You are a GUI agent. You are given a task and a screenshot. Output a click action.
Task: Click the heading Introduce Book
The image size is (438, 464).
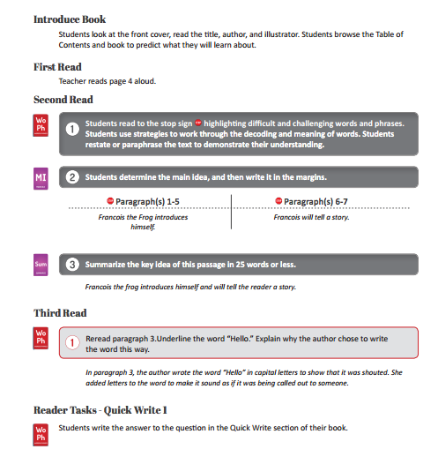69,19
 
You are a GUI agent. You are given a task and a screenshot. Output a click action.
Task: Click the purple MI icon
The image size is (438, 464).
41,176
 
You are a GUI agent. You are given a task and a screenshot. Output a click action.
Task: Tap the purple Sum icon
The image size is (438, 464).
41,263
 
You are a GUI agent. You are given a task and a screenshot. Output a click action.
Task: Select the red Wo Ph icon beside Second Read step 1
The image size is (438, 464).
41,125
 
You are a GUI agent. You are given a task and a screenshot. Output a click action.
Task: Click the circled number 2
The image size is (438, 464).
72,177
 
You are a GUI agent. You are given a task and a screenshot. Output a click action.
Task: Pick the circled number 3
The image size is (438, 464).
72,264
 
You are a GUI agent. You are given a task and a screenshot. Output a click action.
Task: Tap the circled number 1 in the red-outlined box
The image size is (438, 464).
73,342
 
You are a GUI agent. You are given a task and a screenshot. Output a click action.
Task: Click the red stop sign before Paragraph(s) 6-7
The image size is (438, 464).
279,201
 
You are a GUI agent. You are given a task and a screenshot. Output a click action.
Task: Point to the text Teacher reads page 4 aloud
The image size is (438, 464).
108,81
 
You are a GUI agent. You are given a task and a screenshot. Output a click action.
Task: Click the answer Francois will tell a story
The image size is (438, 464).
312,215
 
